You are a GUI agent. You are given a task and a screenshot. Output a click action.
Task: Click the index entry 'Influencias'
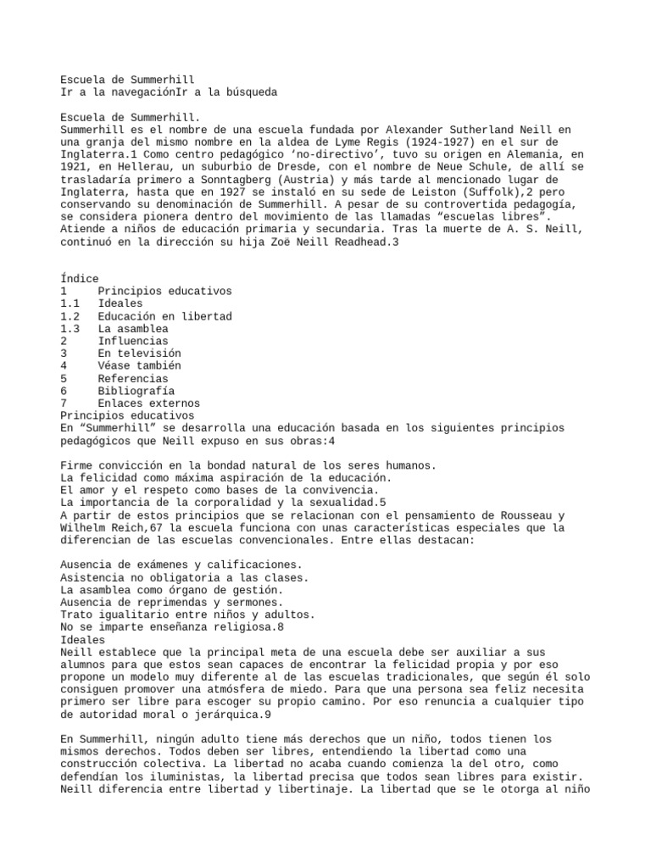(132, 341)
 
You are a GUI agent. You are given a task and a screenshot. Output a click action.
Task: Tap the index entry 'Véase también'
(139, 366)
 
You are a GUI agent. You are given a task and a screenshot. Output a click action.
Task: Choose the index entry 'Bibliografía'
(136, 391)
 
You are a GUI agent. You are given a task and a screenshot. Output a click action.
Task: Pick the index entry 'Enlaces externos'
(148, 403)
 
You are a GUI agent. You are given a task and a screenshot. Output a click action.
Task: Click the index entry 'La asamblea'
(132, 329)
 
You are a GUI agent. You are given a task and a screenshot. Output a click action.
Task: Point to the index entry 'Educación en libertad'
(164, 316)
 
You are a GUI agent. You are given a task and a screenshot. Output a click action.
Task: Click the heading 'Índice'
(80, 279)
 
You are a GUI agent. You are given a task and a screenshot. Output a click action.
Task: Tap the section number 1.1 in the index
(70, 303)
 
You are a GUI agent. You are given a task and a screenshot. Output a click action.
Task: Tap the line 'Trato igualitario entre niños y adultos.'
(188, 615)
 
